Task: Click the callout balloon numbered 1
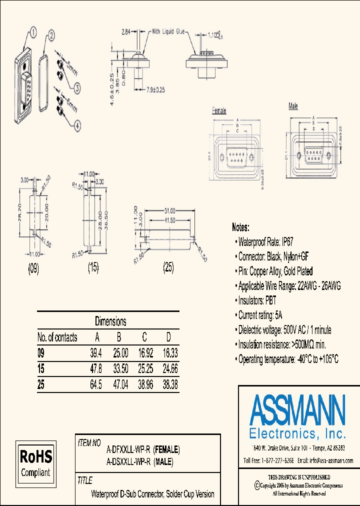(33, 33)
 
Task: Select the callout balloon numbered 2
(51, 35)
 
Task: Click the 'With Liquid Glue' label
(167, 31)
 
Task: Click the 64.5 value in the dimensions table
(96, 384)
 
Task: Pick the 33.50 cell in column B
(119, 369)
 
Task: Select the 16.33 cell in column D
(170, 353)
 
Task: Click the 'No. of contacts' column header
(57, 337)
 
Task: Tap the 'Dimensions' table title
(110, 321)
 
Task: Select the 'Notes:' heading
(244, 227)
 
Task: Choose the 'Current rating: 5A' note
(260, 315)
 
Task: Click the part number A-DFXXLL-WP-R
(129, 449)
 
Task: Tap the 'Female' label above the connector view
(219, 111)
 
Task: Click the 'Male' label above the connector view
(293, 106)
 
